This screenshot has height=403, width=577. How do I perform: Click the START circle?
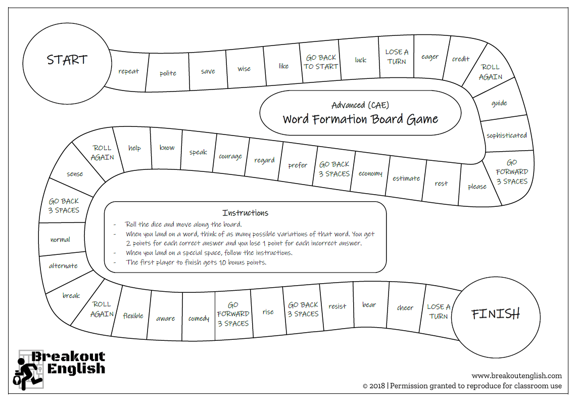[67, 60]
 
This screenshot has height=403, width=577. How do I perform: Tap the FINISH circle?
[495, 315]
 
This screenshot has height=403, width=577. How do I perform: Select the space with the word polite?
[168, 73]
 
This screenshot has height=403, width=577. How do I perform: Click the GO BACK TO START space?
[321, 62]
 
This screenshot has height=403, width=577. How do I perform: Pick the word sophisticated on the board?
[506, 136]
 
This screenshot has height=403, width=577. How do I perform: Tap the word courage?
[230, 156]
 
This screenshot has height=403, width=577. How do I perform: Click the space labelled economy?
[370, 173]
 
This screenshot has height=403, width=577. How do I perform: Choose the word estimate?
[406, 178]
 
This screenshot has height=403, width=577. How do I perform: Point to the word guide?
[499, 103]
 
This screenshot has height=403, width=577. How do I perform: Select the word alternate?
[63, 266]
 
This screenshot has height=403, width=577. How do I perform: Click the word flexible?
[133, 316]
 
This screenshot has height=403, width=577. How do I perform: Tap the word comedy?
[199, 319]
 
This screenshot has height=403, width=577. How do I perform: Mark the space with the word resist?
[338, 306]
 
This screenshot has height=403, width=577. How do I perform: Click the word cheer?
[405, 307]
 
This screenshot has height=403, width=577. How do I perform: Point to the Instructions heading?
[245, 213]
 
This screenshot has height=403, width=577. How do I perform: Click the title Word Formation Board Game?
[360, 119]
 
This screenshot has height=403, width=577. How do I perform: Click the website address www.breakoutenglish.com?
[516, 376]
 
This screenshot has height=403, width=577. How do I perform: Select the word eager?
[430, 57]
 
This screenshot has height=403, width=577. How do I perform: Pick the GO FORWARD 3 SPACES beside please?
[512, 172]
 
